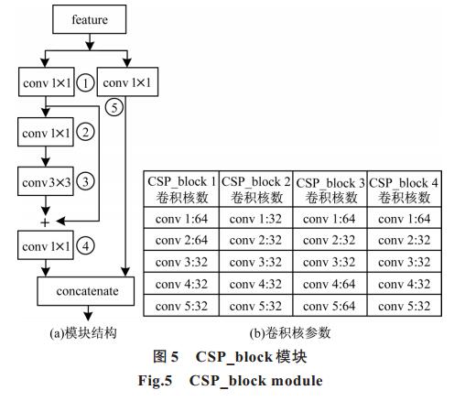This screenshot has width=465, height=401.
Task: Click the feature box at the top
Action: pos(90,19)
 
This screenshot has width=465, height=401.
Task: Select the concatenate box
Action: pos(86,291)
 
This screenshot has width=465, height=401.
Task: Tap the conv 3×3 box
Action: pos(46,181)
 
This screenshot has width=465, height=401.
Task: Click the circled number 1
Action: pos(85,83)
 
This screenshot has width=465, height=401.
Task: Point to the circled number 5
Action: pos(114,107)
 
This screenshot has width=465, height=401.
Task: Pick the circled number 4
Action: pos(85,246)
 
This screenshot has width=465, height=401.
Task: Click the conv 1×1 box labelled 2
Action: pos(46,132)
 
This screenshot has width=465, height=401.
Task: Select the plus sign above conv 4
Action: pos(45,222)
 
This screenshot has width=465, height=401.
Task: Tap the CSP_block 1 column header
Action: pos(181,189)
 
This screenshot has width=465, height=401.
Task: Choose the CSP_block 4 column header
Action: pos(405,189)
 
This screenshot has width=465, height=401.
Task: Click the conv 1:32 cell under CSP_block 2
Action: pos(255,218)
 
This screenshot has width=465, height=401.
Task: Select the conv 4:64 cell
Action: pos(330,284)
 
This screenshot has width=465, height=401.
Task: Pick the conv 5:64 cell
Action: pos(330,306)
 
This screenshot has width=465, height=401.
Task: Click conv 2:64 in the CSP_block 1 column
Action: pos(181,240)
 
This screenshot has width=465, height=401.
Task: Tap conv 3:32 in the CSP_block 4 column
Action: pos(405,262)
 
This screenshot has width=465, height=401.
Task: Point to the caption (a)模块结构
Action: pos(83,332)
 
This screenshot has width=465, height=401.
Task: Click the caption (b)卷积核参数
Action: pos(290,332)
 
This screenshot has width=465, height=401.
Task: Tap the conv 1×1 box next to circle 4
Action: pos(46,245)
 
